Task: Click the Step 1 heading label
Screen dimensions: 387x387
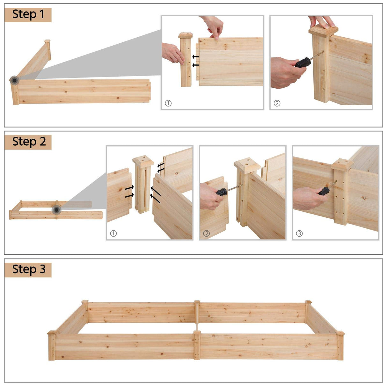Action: [x=28, y=15]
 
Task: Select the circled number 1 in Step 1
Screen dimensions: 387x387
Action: [x=168, y=103]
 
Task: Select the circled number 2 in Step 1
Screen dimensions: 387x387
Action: [x=277, y=103]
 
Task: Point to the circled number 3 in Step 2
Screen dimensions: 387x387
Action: [x=299, y=233]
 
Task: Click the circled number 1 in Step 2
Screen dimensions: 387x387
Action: [x=113, y=233]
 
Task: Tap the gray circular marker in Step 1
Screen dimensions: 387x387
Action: [x=14, y=80]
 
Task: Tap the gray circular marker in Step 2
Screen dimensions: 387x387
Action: [x=57, y=210]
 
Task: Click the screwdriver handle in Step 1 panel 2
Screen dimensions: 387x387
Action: [x=303, y=62]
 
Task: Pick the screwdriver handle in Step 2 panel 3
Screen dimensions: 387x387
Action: [x=324, y=191]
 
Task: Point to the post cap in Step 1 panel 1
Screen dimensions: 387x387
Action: [x=186, y=35]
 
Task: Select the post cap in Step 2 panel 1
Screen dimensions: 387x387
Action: [x=143, y=159]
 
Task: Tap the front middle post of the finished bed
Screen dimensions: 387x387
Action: [x=197, y=345]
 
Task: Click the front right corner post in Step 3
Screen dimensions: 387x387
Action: [x=340, y=346]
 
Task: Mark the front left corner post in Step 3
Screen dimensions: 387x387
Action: [x=52, y=346]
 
